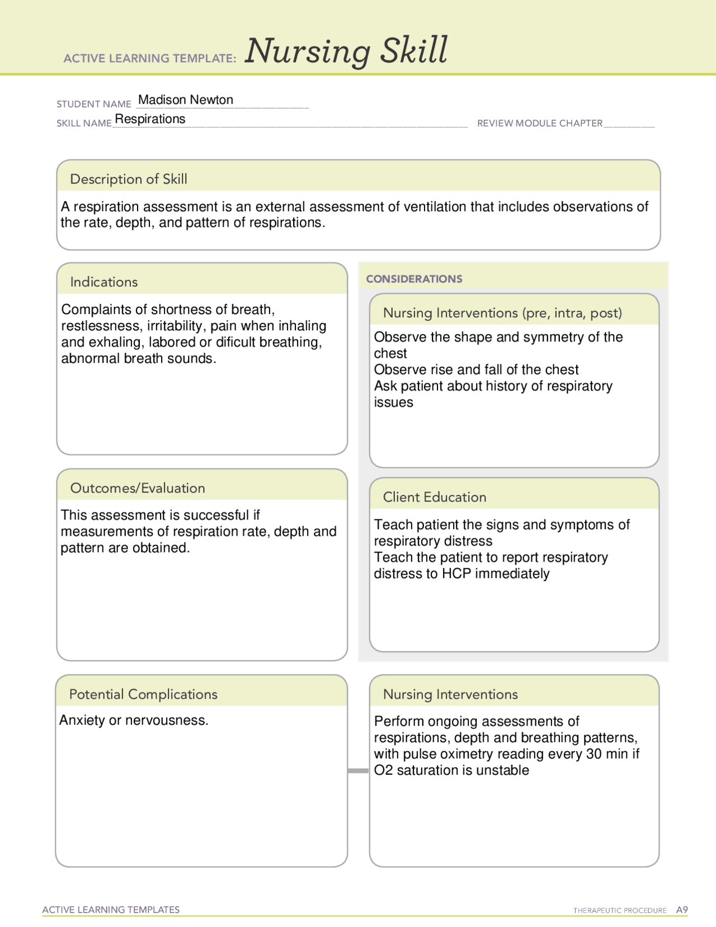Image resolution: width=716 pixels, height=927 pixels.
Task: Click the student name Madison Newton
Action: click(185, 100)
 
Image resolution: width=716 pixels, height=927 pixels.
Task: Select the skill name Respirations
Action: click(150, 119)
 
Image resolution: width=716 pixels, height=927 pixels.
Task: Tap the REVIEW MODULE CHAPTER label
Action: click(539, 123)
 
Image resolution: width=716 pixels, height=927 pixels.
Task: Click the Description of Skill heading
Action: click(129, 179)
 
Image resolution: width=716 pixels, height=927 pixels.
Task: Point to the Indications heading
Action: click(104, 282)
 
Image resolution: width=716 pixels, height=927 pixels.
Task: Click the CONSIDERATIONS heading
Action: click(414, 279)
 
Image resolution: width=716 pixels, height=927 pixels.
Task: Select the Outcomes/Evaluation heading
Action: click(138, 488)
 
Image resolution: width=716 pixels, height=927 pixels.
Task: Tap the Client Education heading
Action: click(435, 497)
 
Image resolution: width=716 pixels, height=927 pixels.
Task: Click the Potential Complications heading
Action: click(143, 694)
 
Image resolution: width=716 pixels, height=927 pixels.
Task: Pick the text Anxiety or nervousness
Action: click(134, 720)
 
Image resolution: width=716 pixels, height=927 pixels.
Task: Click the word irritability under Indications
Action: click(175, 326)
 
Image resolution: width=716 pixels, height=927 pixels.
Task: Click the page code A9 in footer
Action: click(681, 910)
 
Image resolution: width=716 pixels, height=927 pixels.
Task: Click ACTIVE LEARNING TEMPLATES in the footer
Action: click(111, 910)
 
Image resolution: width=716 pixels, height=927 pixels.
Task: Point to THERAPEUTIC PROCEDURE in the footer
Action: click(619, 911)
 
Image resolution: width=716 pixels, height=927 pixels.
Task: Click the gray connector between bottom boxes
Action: click(358, 771)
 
